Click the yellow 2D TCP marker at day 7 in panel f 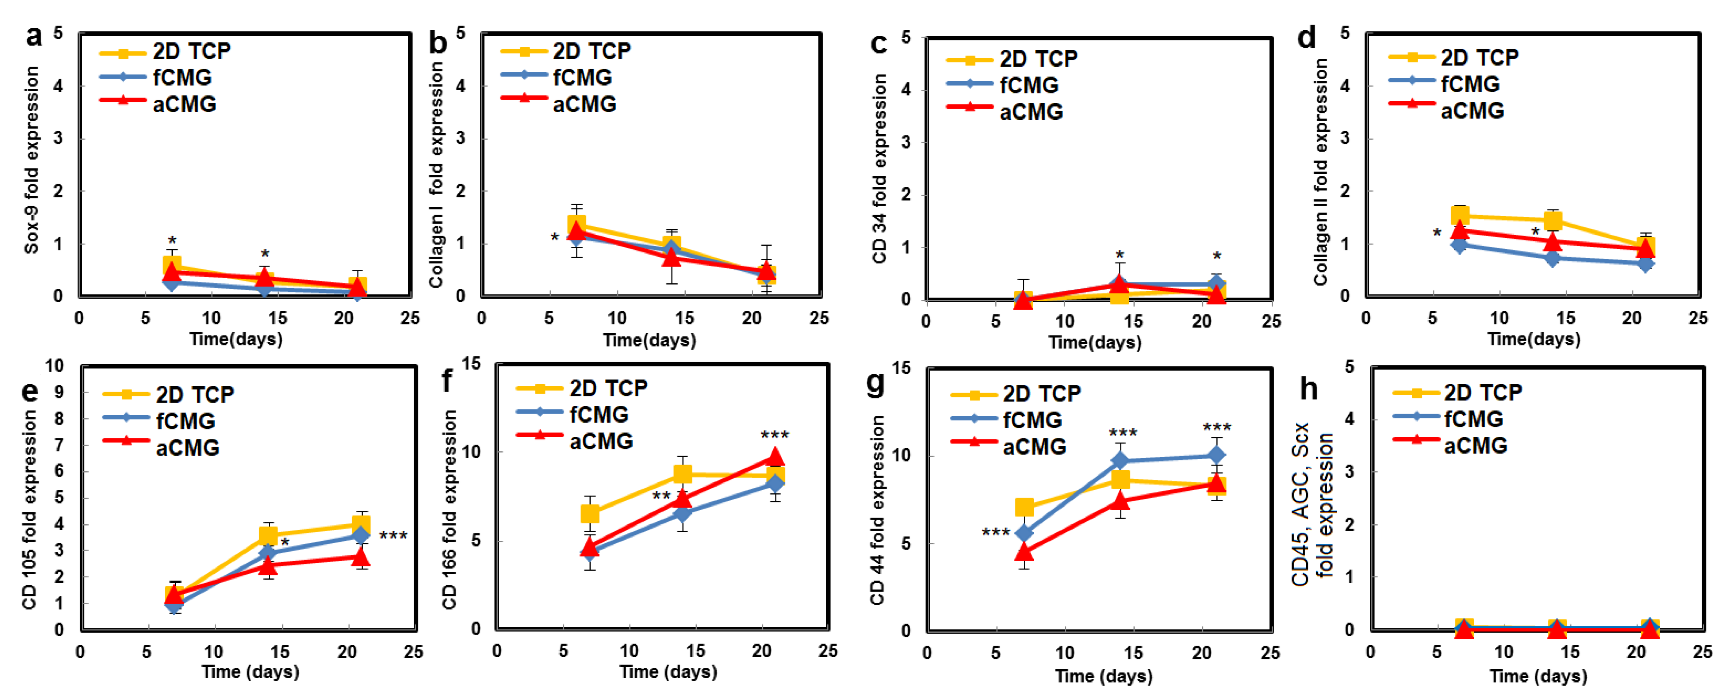(x=589, y=514)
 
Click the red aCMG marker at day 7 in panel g (x=1024, y=552)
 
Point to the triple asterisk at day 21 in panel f (x=775, y=435)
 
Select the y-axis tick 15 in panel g (x=901, y=368)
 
